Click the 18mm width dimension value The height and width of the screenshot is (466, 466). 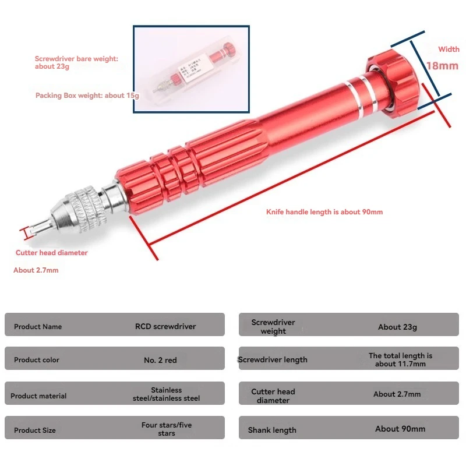coord(442,66)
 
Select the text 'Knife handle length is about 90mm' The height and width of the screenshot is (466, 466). coord(324,212)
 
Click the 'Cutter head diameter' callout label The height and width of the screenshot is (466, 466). coord(51,253)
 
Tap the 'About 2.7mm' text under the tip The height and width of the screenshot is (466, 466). coord(36,270)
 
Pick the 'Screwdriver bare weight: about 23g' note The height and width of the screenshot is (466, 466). coord(76,63)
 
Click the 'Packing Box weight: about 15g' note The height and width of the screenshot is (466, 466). coord(87,96)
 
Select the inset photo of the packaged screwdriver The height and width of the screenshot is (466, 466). coord(192,69)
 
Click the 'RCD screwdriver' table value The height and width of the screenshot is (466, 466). coord(165,326)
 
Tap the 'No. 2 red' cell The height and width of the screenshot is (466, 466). coord(160,360)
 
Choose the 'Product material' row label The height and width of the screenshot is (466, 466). coord(38,396)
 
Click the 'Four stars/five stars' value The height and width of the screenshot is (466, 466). coord(167,429)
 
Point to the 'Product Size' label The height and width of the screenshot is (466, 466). coord(35,430)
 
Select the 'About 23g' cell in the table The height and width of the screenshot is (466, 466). coord(397,327)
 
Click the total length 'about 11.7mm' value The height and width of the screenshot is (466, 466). coord(400,360)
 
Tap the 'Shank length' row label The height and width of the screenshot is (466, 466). coord(272,430)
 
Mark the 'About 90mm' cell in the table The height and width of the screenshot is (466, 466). coord(400,429)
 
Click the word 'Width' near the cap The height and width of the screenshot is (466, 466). coord(449,50)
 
